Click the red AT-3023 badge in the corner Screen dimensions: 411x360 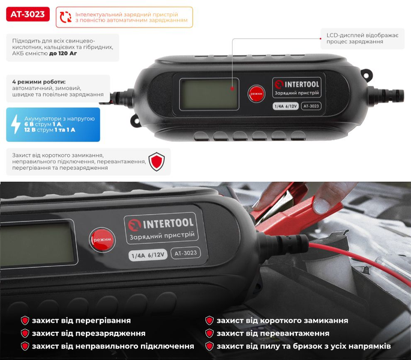coord(28,14)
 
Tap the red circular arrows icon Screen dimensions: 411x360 coord(65,17)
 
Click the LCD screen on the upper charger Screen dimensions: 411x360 coord(209,94)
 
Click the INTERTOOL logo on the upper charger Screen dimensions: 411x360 coord(297,85)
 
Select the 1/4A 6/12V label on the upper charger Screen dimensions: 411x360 coord(286,106)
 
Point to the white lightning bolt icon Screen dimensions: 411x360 coord(16,124)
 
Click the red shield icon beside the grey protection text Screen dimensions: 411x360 coord(157,161)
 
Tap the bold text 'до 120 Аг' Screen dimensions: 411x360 coord(63,53)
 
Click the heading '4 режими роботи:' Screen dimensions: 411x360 coord(39,82)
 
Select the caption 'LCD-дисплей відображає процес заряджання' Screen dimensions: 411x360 coord(362,38)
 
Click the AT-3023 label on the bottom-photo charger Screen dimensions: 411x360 coord(185,253)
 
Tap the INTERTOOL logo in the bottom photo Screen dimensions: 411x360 coord(161,224)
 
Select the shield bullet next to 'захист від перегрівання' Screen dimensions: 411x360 coord(25,320)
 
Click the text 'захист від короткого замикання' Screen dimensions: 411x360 coord(283,320)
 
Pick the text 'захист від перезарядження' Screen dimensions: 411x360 coord(89,333)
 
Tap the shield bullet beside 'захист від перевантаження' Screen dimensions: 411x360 coord(209,333)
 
